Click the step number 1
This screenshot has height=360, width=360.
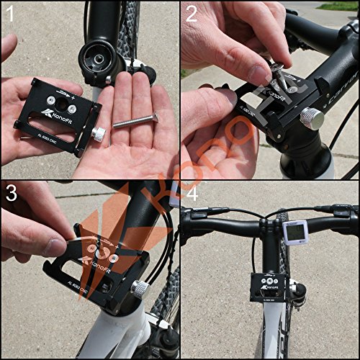[x=12, y=14]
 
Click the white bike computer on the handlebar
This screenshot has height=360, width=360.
[x=294, y=232]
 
